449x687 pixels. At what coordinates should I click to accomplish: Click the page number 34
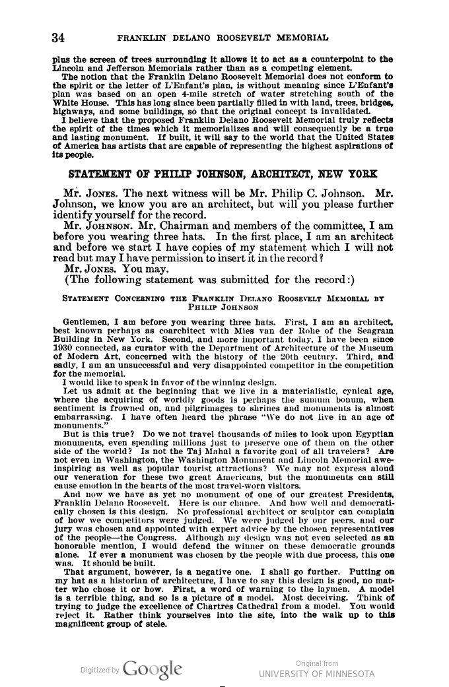click(59, 37)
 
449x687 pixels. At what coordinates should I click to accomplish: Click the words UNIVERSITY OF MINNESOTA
click(316, 674)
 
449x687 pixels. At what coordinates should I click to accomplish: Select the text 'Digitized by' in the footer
click(100, 669)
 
